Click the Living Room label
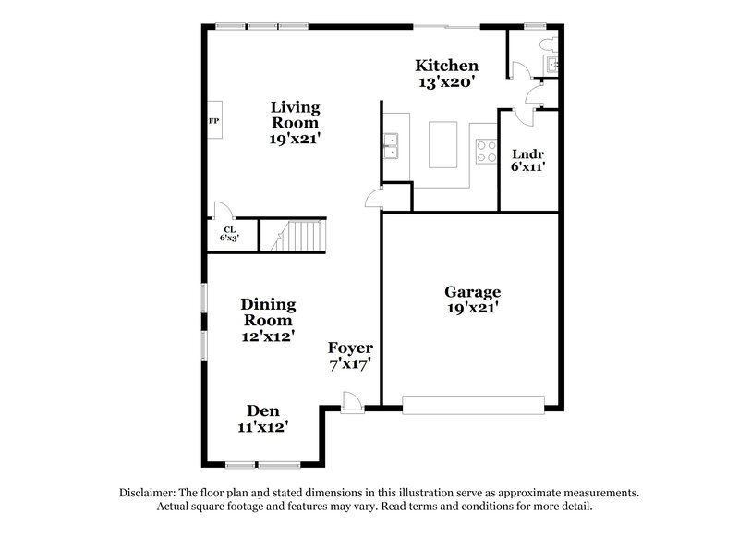pos(295,122)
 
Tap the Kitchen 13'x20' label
pos(446,73)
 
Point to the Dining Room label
pos(268,320)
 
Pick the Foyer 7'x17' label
pos(351,356)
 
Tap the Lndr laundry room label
pos(527,161)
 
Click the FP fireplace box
pos(213,121)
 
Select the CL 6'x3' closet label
pos(229,234)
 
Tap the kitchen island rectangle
pos(443,145)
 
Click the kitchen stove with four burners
pos(485,150)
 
